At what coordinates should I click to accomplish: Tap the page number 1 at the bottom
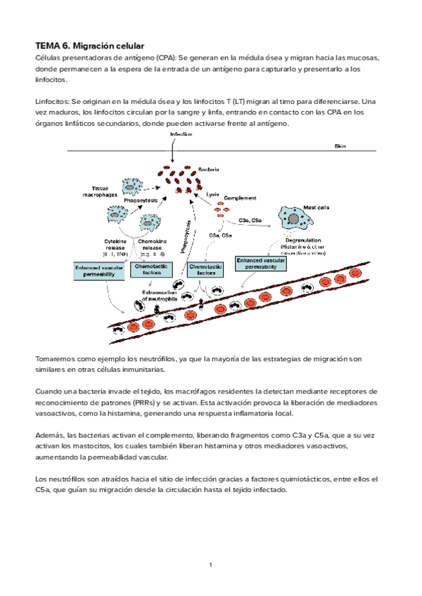[x=210, y=564]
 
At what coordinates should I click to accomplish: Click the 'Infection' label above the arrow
[x=181, y=134]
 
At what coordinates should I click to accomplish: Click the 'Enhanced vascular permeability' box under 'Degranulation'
[x=260, y=264]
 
